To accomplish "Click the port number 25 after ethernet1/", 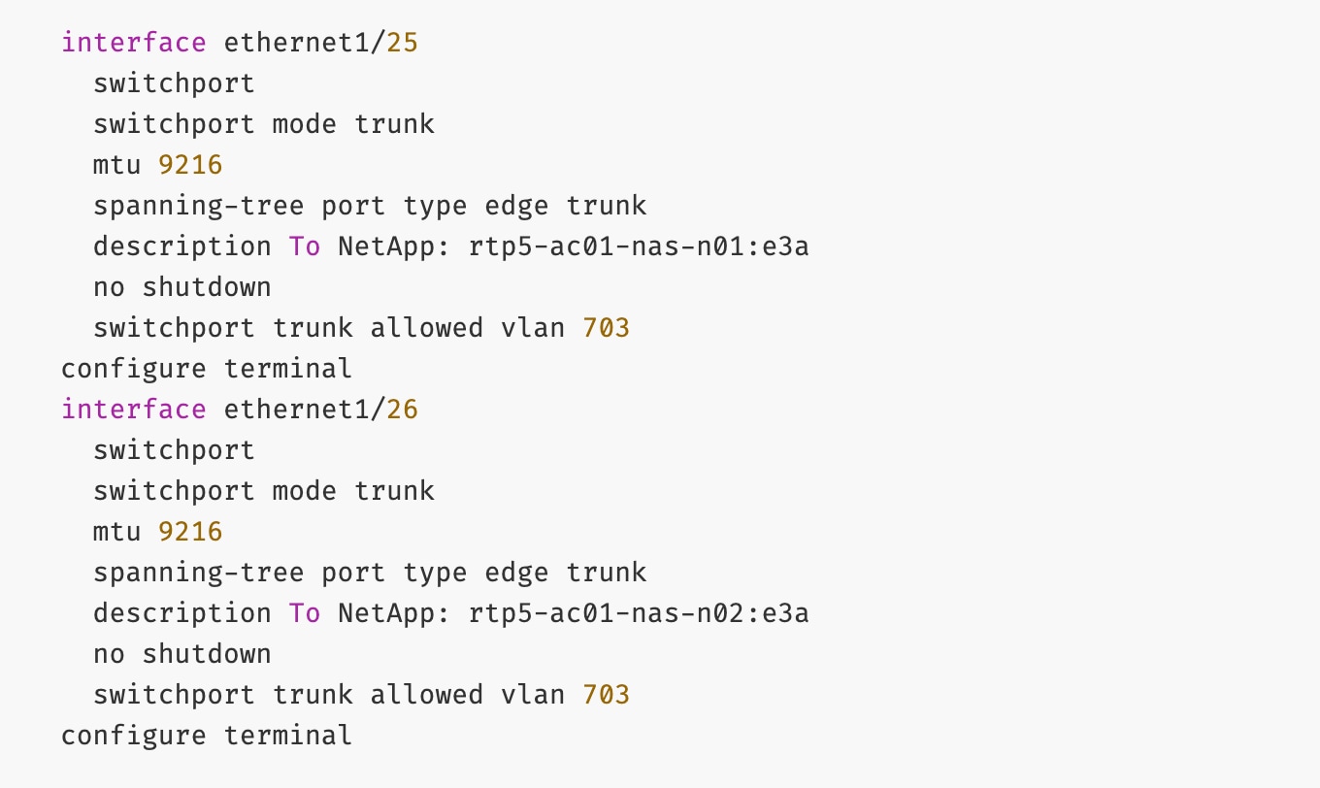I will [403, 43].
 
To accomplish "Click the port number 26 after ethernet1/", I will [403, 410].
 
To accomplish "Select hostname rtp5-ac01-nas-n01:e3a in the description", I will [639, 246].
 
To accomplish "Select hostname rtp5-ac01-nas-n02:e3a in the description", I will [639, 613].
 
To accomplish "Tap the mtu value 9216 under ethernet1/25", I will [190, 165].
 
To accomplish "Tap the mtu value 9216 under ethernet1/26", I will [190, 532].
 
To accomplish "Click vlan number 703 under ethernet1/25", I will [607, 328].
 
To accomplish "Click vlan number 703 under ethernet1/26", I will [607, 695].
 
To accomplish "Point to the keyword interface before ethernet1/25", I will [134, 43].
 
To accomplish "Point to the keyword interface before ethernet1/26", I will [134, 410].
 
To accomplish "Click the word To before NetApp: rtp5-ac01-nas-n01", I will [305, 246].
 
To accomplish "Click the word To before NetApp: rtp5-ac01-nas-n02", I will [305, 613].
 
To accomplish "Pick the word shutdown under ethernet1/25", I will [207, 287].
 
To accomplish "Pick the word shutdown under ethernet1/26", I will [207, 654].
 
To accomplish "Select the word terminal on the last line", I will [288, 736].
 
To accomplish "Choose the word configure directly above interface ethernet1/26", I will [134, 369].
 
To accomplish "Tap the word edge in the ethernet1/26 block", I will [517, 573].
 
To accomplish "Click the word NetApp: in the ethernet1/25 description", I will [395, 246].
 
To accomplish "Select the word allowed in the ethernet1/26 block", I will [427, 695].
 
